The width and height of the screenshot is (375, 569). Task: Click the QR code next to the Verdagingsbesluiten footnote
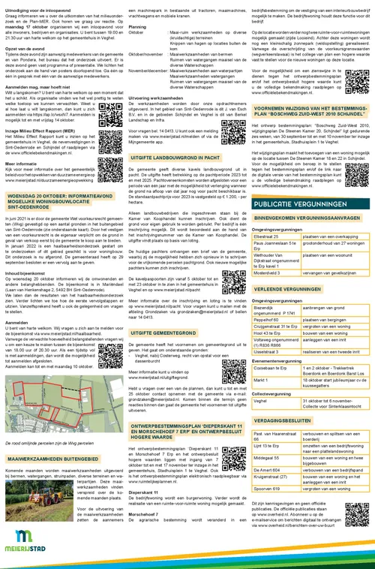point(353,530)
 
